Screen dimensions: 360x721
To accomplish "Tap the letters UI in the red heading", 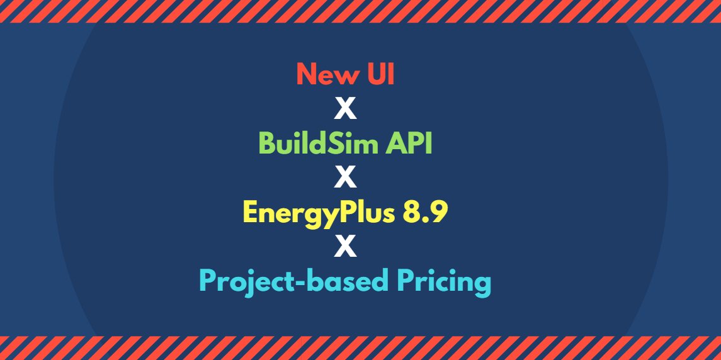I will click(380, 74).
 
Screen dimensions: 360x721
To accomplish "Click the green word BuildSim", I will click(308, 143).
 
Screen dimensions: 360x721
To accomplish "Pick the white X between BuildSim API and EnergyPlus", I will click(345, 177).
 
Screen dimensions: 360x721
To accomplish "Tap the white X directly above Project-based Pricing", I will click(345, 247).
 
